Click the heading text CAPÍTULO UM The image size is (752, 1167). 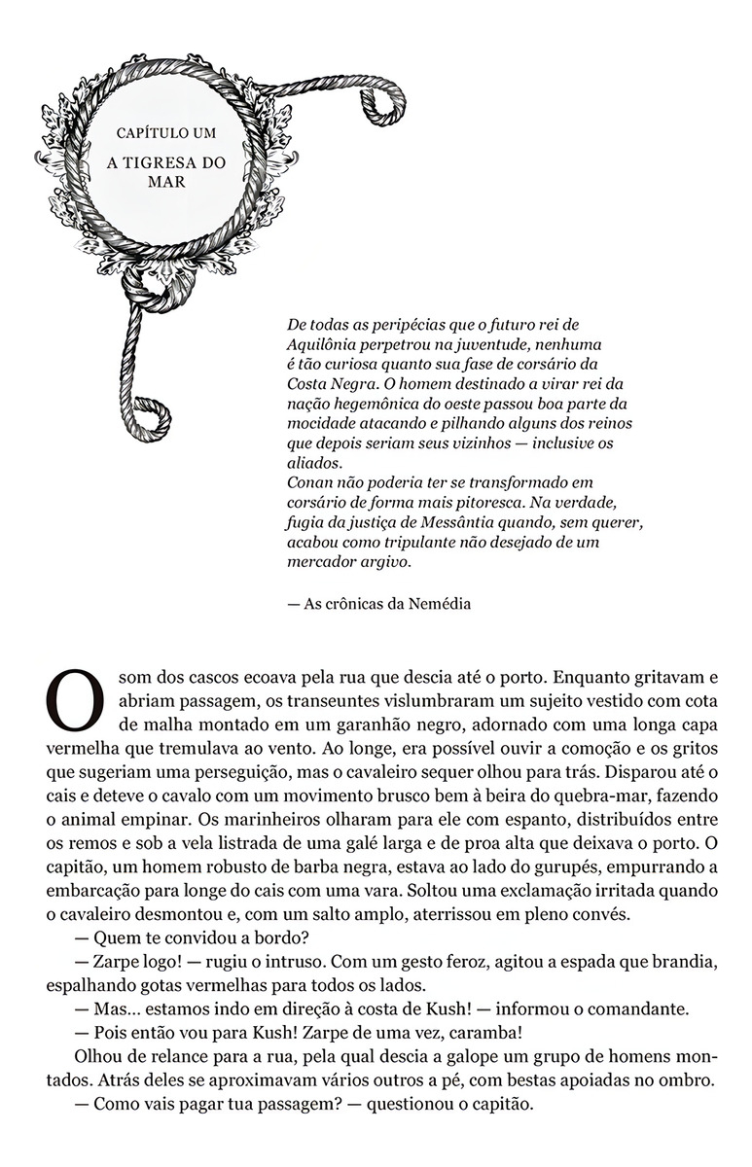(x=165, y=132)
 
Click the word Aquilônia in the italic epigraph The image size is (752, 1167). (x=327, y=343)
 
